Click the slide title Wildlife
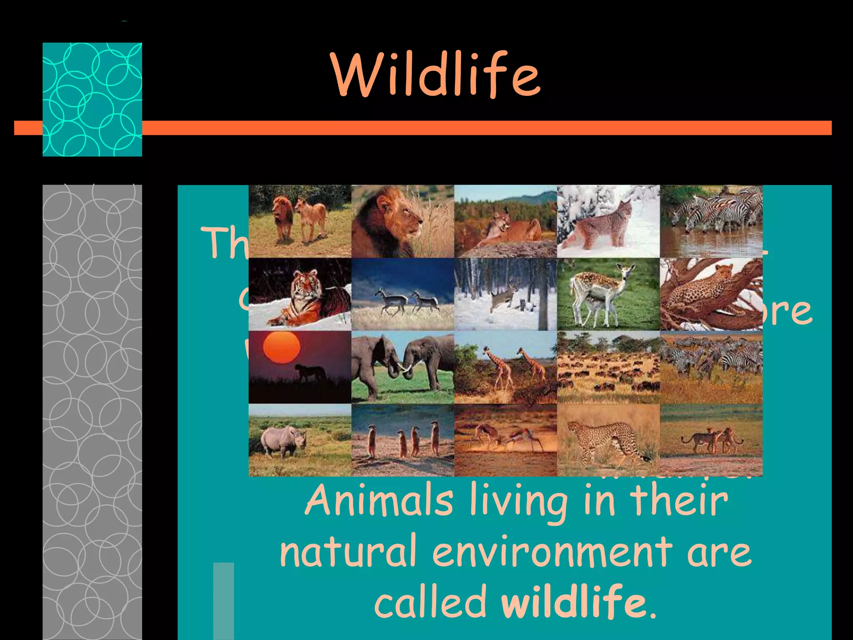click(x=436, y=75)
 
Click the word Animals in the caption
click(x=379, y=500)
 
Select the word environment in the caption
click(x=552, y=552)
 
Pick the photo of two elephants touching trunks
click(x=402, y=367)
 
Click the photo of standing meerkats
click(x=402, y=440)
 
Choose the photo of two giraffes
click(x=505, y=367)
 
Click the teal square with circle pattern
click(x=92, y=99)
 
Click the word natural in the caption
click(x=348, y=552)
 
